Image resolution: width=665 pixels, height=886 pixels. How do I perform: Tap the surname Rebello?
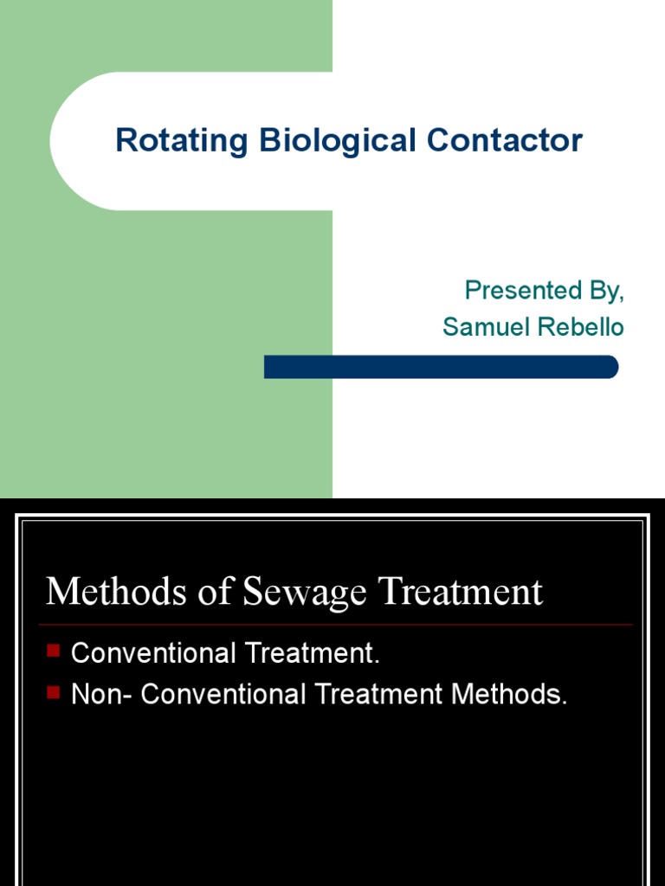pyautogui.click(x=583, y=326)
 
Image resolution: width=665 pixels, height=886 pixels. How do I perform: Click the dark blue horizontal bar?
pyautogui.click(x=441, y=367)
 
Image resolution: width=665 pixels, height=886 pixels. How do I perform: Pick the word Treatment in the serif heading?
pyautogui.click(x=450, y=592)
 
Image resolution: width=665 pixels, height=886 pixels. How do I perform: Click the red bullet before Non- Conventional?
pyautogui.click(x=55, y=690)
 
